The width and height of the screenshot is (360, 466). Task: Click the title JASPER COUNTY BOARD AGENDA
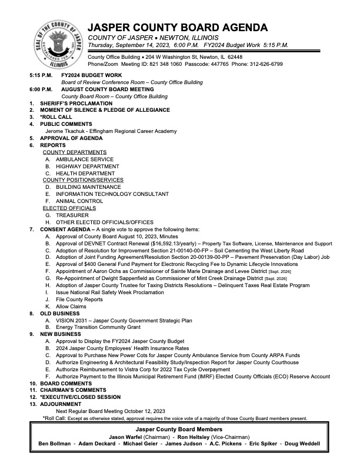(178, 28)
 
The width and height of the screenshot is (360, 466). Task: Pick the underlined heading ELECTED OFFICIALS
(69, 208)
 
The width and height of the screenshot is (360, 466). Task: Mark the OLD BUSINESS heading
(61, 313)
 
